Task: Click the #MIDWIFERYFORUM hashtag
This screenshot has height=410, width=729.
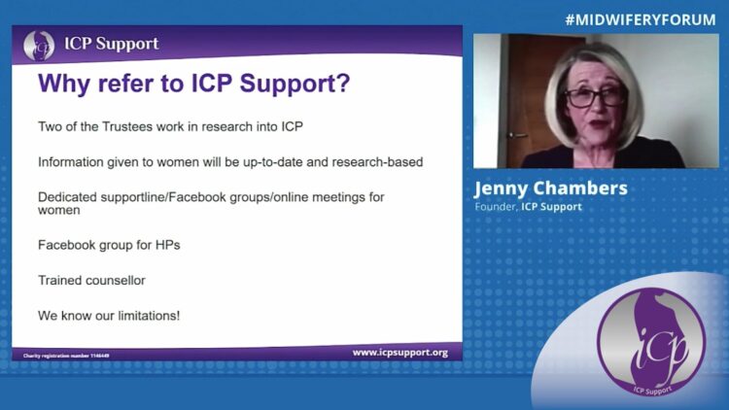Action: click(x=641, y=20)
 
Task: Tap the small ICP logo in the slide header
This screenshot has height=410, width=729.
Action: click(x=39, y=45)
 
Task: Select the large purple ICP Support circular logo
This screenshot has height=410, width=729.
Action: click(x=651, y=342)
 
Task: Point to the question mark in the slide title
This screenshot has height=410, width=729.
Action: click(x=343, y=83)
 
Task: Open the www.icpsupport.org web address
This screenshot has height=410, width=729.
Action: click(x=400, y=353)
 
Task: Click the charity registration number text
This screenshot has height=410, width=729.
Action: click(x=66, y=356)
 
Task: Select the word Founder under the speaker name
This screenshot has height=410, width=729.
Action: click(x=496, y=206)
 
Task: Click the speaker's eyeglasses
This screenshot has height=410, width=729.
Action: click(x=596, y=97)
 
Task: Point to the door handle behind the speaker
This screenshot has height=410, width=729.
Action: click(x=517, y=135)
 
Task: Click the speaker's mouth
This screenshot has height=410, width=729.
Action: click(x=599, y=124)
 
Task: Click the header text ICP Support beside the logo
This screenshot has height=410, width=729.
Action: click(x=112, y=44)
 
